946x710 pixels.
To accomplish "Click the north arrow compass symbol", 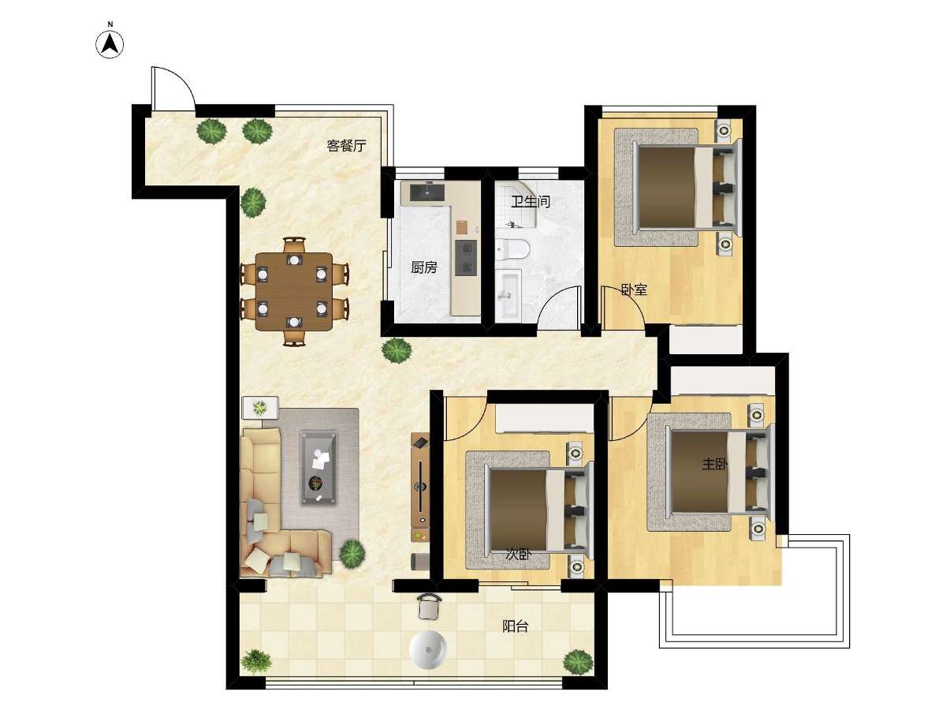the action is click(110, 44).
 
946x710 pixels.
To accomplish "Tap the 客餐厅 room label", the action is click(346, 146).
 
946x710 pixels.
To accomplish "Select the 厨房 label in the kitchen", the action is click(424, 267).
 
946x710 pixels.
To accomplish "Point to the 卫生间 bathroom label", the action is click(531, 201).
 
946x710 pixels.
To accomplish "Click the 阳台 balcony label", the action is click(515, 626).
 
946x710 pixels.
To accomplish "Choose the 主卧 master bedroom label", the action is click(714, 464).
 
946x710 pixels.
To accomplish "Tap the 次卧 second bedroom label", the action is click(519, 555).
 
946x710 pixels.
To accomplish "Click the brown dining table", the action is click(294, 291).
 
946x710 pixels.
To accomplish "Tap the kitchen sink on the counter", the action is click(423, 192).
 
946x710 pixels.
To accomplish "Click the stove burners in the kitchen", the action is click(466, 257).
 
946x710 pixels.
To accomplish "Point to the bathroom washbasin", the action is click(508, 295).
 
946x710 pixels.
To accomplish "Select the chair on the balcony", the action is click(429, 607).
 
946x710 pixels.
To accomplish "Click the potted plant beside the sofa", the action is click(352, 554).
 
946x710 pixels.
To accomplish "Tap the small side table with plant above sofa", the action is click(260, 407).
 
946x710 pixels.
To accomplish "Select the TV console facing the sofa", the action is click(420, 488).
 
